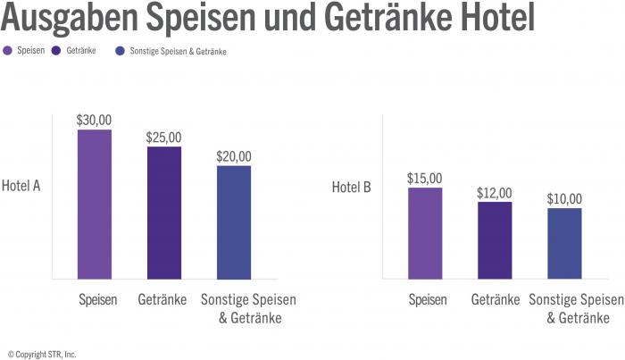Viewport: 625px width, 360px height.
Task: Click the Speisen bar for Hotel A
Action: click(x=95, y=205)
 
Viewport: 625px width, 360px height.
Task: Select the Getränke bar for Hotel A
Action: click(x=164, y=213)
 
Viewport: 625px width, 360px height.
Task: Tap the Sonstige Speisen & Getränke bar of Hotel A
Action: click(x=234, y=222)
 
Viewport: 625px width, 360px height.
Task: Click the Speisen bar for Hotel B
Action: click(x=425, y=233)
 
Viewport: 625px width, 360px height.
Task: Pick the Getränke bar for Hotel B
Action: click(x=495, y=240)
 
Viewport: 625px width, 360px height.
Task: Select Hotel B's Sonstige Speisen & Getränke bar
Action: click(x=564, y=243)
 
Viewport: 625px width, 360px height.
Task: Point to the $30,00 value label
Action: click(x=95, y=120)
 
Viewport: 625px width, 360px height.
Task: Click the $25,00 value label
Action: click(x=164, y=137)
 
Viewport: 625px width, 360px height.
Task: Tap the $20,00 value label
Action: click(x=234, y=155)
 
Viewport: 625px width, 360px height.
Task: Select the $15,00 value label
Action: click(x=425, y=178)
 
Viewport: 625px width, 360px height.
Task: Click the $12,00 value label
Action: click(x=495, y=192)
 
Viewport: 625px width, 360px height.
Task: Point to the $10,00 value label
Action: click(x=564, y=198)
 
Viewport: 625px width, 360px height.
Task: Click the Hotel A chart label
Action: click(x=21, y=187)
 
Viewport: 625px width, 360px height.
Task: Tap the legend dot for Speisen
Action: click(x=8, y=52)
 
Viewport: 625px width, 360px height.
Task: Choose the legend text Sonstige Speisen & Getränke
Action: click(x=178, y=52)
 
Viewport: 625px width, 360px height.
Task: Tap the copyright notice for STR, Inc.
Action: click(x=42, y=354)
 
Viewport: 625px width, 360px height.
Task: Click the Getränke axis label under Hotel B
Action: click(x=495, y=300)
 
